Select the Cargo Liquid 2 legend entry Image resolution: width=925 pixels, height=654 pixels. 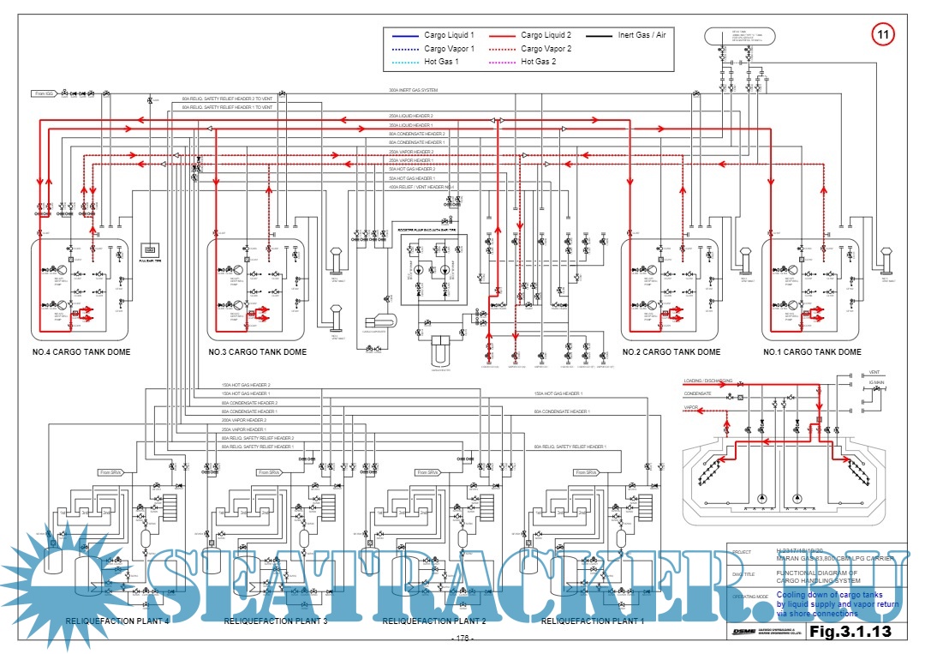pyautogui.click(x=547, y=36)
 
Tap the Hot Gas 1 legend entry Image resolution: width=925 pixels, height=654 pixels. pyautogui.click(x=441, y=62)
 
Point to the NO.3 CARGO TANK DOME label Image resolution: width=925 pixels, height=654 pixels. pyautogui.click(x=257, y=352)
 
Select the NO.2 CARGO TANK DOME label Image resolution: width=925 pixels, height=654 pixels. pyautogui.click(x=671, y=352)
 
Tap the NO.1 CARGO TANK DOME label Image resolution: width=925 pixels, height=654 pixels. pyautogui.click(x=812, y=352)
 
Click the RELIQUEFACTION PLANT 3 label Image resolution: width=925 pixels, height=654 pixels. pyautogui.click(x=276, y=621)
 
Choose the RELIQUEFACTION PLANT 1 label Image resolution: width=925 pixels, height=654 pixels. pyautogui.click(x=594, y=621)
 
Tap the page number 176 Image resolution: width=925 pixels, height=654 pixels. pyautogui.click(x=462, y=639)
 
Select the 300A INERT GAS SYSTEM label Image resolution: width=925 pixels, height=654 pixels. pyautogui.click(x=413, y=90)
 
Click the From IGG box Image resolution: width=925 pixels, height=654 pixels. pyautogui.click(x=45, y=93)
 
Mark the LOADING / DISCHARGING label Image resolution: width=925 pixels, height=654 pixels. pyautogui.click(x=707, y=381)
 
